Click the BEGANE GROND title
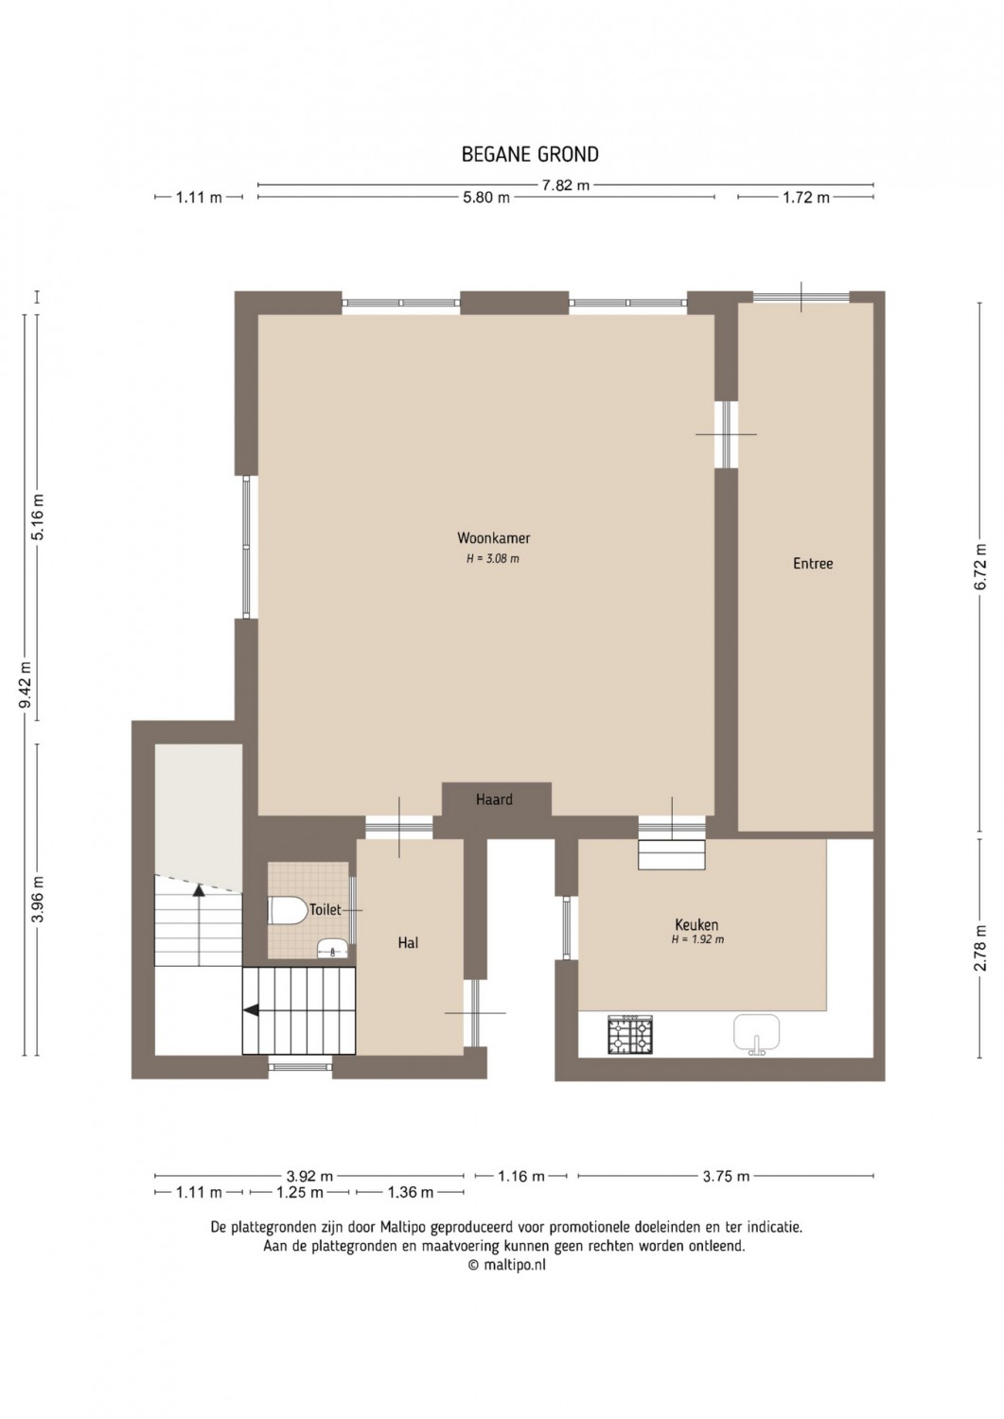point(530,154)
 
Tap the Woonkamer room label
point(494,538)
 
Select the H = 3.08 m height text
point(493,559)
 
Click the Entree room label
point(813,563)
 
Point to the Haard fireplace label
point(494,799)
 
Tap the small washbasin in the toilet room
point(331,948)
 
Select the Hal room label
point(408,942)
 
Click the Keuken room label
point(696,925)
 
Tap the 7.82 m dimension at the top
point(565,185)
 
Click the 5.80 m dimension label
point(486,198)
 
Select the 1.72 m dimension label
point(805,198)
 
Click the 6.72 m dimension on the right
point(980,567)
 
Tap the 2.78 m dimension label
point(980,948)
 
